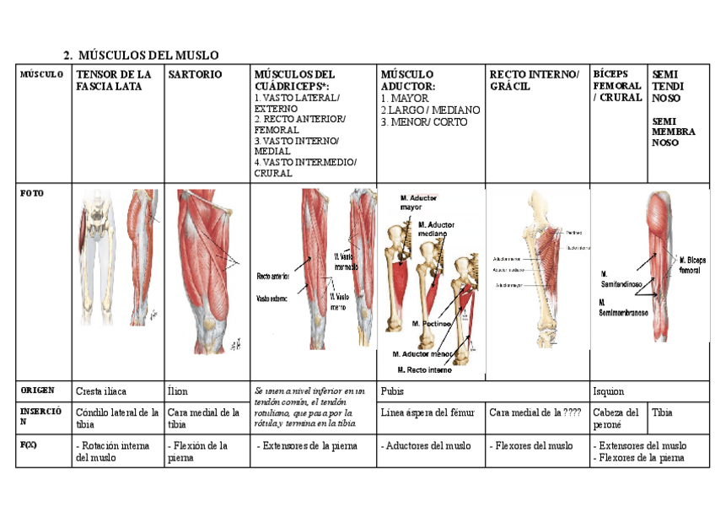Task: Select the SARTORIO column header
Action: tap(195, 75)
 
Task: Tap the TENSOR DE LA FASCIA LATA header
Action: tap(114, 80)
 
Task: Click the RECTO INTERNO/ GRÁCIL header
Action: tap(534, 80)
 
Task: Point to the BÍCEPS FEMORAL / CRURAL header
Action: tap(617, 85)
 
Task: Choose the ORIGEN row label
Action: tap(37, 390)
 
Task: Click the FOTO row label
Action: tap(31, 193)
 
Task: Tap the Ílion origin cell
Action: tap(180, 391)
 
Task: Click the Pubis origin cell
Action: tap(393, 391)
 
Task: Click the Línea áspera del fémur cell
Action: tap(429, 412)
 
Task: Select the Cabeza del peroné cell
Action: tap(616, 418)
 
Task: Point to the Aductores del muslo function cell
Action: tap(427, 445)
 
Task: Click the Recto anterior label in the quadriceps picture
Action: tap(272, 276)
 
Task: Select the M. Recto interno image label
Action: tap(425, 369)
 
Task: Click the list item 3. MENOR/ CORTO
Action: tap(423, 122)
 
